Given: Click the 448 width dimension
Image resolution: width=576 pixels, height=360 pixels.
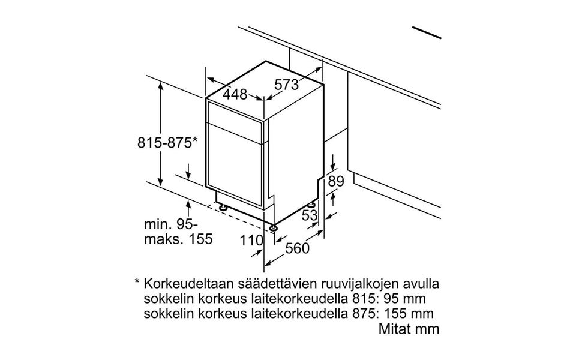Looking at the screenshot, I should click(x=236, y=94).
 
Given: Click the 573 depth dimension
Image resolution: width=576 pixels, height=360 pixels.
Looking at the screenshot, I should click(x=287, y=85).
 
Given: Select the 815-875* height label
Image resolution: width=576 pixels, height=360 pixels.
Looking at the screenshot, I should click(x=167, y=143).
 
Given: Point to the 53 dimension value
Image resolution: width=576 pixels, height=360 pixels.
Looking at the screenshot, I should click(x=310, y=215).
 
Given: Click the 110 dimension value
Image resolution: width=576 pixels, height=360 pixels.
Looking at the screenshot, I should click(x=252, y=241).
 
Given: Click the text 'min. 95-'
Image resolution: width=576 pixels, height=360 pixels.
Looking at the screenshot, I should click(x=170, y=225).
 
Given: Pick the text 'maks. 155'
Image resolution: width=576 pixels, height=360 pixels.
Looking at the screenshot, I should click(x=178, y=239).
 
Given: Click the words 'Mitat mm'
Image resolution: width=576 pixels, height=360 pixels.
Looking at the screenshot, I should click(x=409, y=329).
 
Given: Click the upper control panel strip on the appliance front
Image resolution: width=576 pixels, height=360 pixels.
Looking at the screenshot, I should click(x=235, y=112).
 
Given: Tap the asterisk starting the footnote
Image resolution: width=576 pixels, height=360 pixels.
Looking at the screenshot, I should click(x=137, y=282).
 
